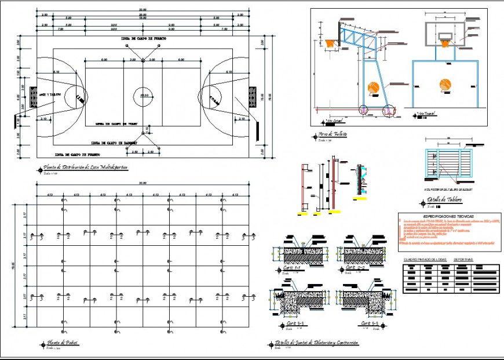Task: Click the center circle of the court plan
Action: (x=143, y=95)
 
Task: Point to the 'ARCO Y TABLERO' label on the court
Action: (x=50, y=93)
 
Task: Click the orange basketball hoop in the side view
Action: (x=331, y=43)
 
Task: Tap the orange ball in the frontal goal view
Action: (x=444, y=84)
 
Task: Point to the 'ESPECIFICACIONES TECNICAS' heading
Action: (x=441, y=215)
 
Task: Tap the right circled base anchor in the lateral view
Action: (x=388, y=109)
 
